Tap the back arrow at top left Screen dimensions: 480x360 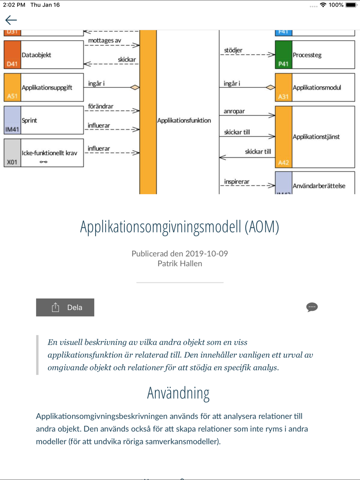click(x=11, y=20)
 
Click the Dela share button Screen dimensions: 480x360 click(x=65, y=307)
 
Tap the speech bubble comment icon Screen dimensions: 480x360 click(x=312, y=307)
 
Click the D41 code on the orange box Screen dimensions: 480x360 click(x=12, y=64)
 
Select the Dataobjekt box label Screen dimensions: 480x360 click(x=36, y=55)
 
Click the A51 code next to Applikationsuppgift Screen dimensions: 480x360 click(x=12, y=96)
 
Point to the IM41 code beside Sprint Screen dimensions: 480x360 click(x=12, y=129)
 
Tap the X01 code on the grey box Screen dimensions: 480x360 click(x=12, y=162)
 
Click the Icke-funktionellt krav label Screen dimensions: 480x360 click(x=49, y=153)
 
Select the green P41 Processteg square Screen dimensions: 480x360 click(x=283, y=55)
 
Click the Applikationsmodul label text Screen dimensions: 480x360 click(x=317, y=87)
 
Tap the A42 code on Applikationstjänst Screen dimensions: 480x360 click(x=283, y=163)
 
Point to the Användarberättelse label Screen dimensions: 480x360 click(x=319, y=186)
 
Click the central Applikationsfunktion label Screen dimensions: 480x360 click(x=184, y=121)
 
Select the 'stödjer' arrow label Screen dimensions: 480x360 click(x=233, y=50)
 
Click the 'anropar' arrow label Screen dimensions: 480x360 click(x=234, y=111)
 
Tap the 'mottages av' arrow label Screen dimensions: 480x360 click(x=104, y=40)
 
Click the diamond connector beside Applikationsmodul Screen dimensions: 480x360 click(x=270, y=87)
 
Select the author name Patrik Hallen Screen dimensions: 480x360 click(x=180, y=263)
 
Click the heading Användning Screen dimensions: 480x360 click(x=178, y=393)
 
